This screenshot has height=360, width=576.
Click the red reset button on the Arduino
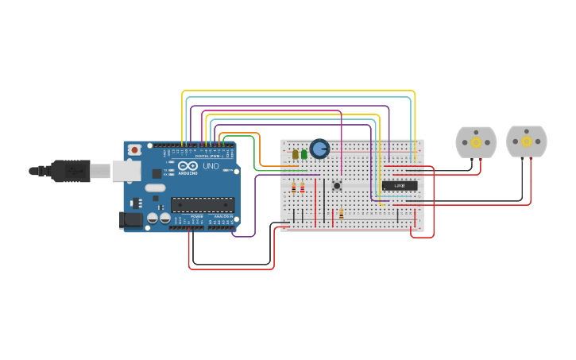tap(134, 149)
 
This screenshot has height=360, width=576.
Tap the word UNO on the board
tap(211, 167)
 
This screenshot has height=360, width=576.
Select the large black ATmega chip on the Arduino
tap(203, 204)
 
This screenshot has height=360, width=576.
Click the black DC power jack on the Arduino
tap(130, 220)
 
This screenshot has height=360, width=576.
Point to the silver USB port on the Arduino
tap(125, 170)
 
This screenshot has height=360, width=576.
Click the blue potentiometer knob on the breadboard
tap(319, 149)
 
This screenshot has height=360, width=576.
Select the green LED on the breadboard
tap(304, 154)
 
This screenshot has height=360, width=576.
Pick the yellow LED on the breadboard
tap(296, 154)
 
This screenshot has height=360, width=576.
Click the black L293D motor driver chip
tap(400, 186)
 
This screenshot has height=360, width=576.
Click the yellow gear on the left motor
tap(476, 142)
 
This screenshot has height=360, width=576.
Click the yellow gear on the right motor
tap(527, 141)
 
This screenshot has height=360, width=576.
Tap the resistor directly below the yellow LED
tap(294, 188)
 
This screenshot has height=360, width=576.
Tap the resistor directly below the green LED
tap(303, 188)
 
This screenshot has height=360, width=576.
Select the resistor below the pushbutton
tap(342, 213)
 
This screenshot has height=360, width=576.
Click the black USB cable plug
tap(71, 170)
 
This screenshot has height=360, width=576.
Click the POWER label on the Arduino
tap(196, 216)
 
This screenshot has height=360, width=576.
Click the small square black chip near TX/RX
tap(157, 173)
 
